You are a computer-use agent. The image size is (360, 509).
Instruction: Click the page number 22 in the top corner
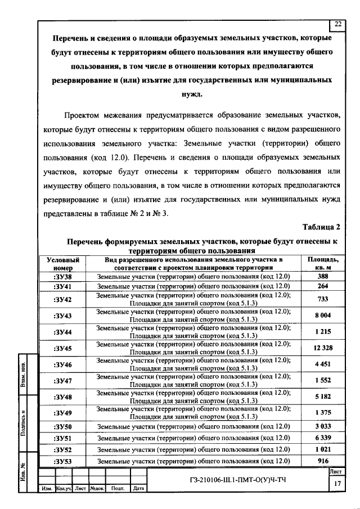(x=337, y=24)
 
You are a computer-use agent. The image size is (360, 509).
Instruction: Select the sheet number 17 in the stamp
(x=337, y=484)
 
